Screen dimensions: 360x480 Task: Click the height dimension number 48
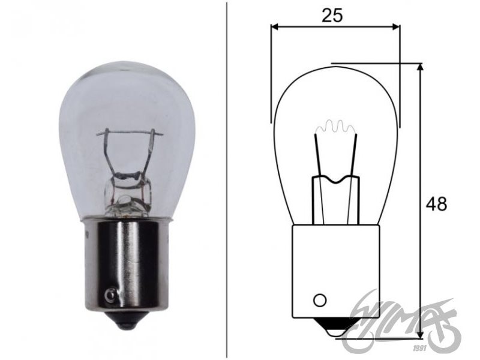coord(436,204)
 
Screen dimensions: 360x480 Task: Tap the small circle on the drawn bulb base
coord(320,299)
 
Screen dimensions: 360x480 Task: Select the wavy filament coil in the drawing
coord(335,127)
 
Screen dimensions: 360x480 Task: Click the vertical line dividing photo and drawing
coord(227,180)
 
